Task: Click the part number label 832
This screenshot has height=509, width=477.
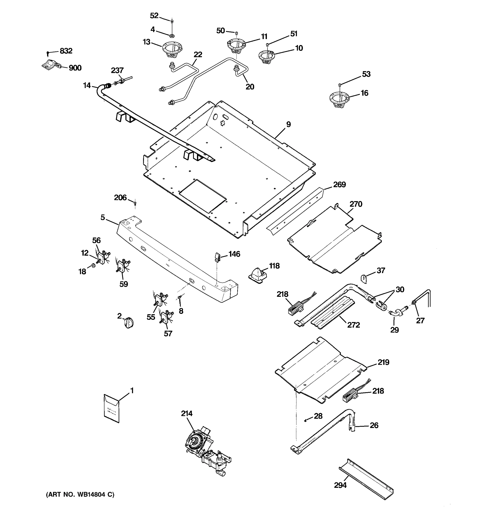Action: (66, 51)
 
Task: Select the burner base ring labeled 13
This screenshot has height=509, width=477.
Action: (172, 49)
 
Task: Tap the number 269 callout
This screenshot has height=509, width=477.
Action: (339, 185)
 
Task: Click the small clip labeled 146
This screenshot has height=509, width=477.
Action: (217, 257)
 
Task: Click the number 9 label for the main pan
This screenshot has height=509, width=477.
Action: (288, 124)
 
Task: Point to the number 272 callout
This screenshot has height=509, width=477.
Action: (353, 325)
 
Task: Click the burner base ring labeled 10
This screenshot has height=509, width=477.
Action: (266, 57)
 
